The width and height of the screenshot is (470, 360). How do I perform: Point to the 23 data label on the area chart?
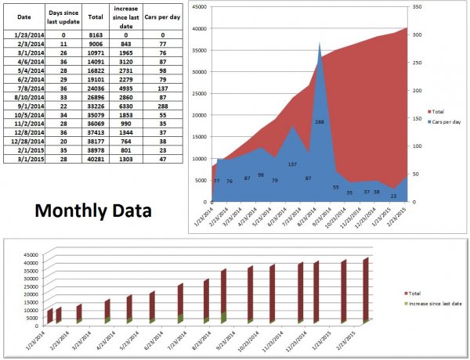pyautogui.click(x=393, y=196)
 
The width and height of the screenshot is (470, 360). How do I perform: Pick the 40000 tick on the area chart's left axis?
pyautogui.click(x=199, y=30)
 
